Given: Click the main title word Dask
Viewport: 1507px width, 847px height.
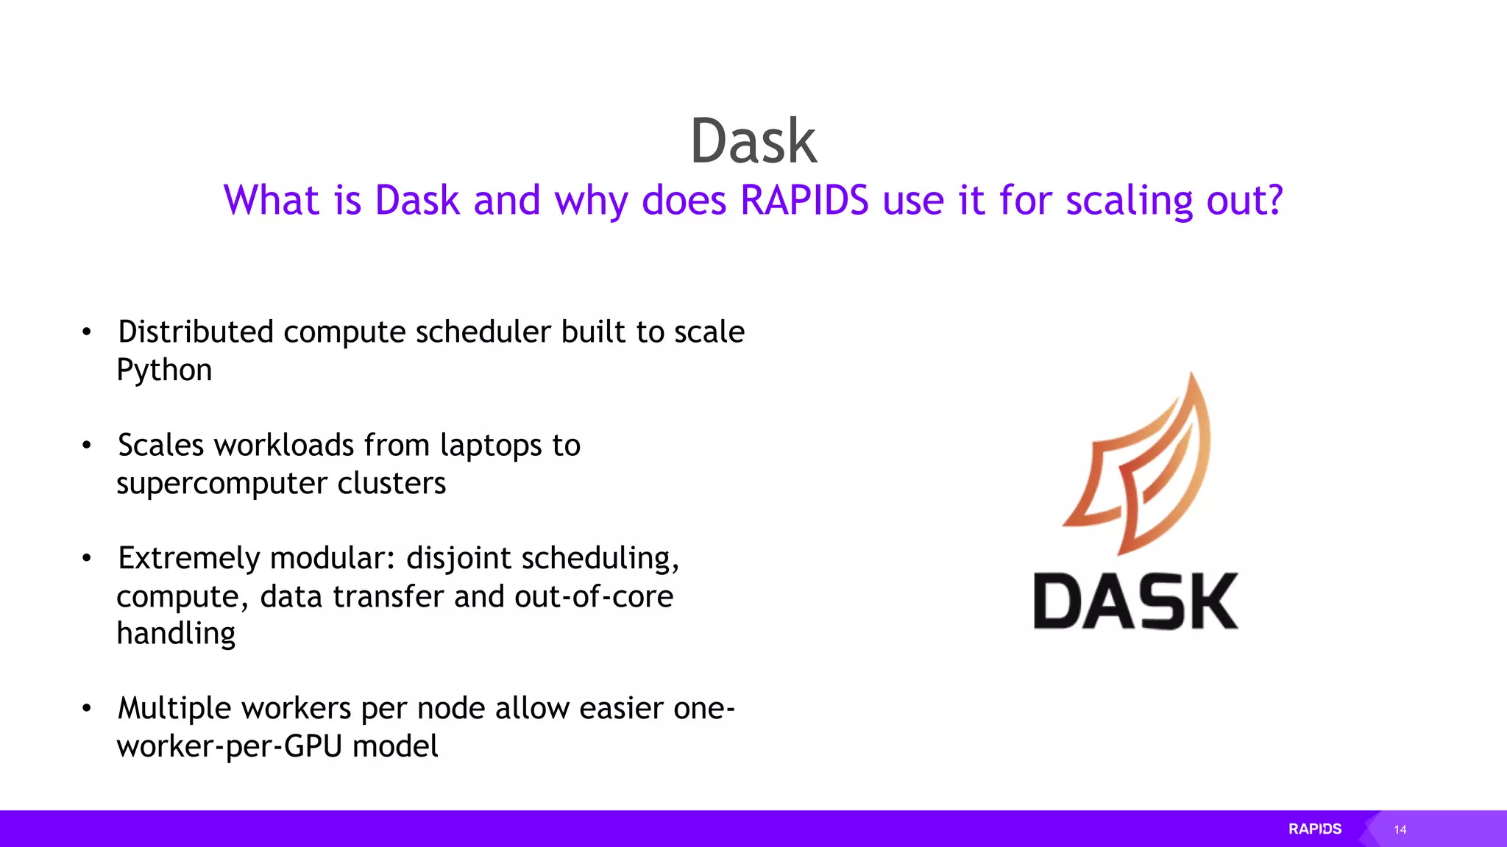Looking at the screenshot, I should click(753, 141).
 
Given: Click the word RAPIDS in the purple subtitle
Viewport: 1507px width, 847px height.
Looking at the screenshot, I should click(804, 200).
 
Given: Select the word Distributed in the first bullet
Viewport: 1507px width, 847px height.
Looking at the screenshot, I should click(196, 332).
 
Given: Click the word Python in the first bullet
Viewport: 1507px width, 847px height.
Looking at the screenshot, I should click(164, 371).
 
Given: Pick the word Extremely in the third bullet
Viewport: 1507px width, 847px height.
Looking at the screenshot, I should click(188, 559).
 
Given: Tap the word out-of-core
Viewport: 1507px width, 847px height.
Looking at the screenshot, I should click(593, 596).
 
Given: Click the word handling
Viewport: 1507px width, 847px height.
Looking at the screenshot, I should click(176, 634).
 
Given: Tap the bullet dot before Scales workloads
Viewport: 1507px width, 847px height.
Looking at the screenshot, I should click(87, 446).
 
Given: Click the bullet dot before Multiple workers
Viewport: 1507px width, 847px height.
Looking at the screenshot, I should click(87, 709).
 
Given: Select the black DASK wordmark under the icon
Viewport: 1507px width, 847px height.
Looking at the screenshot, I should click(1135, 601).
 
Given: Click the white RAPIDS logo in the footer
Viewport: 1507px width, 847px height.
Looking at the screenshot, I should click(1315, 829).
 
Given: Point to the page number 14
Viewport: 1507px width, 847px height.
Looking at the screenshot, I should click(1400, 830).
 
